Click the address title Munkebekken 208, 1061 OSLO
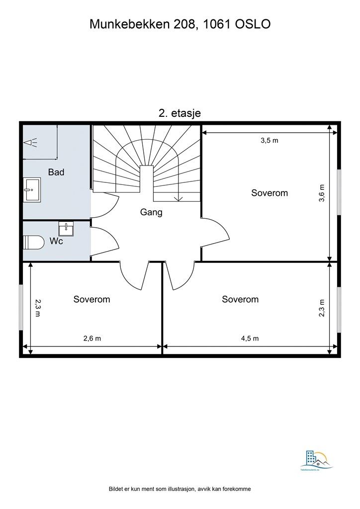180,24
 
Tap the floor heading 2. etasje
180,113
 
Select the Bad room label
56,172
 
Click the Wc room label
56,241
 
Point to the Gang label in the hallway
151,212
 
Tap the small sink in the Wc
66,229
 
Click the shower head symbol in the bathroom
30,143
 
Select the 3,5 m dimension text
270,140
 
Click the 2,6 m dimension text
92,339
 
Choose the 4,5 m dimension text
250,339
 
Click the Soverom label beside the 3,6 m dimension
270,193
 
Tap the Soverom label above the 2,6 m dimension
91,299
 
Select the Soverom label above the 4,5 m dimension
240,299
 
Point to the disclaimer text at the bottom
180,489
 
